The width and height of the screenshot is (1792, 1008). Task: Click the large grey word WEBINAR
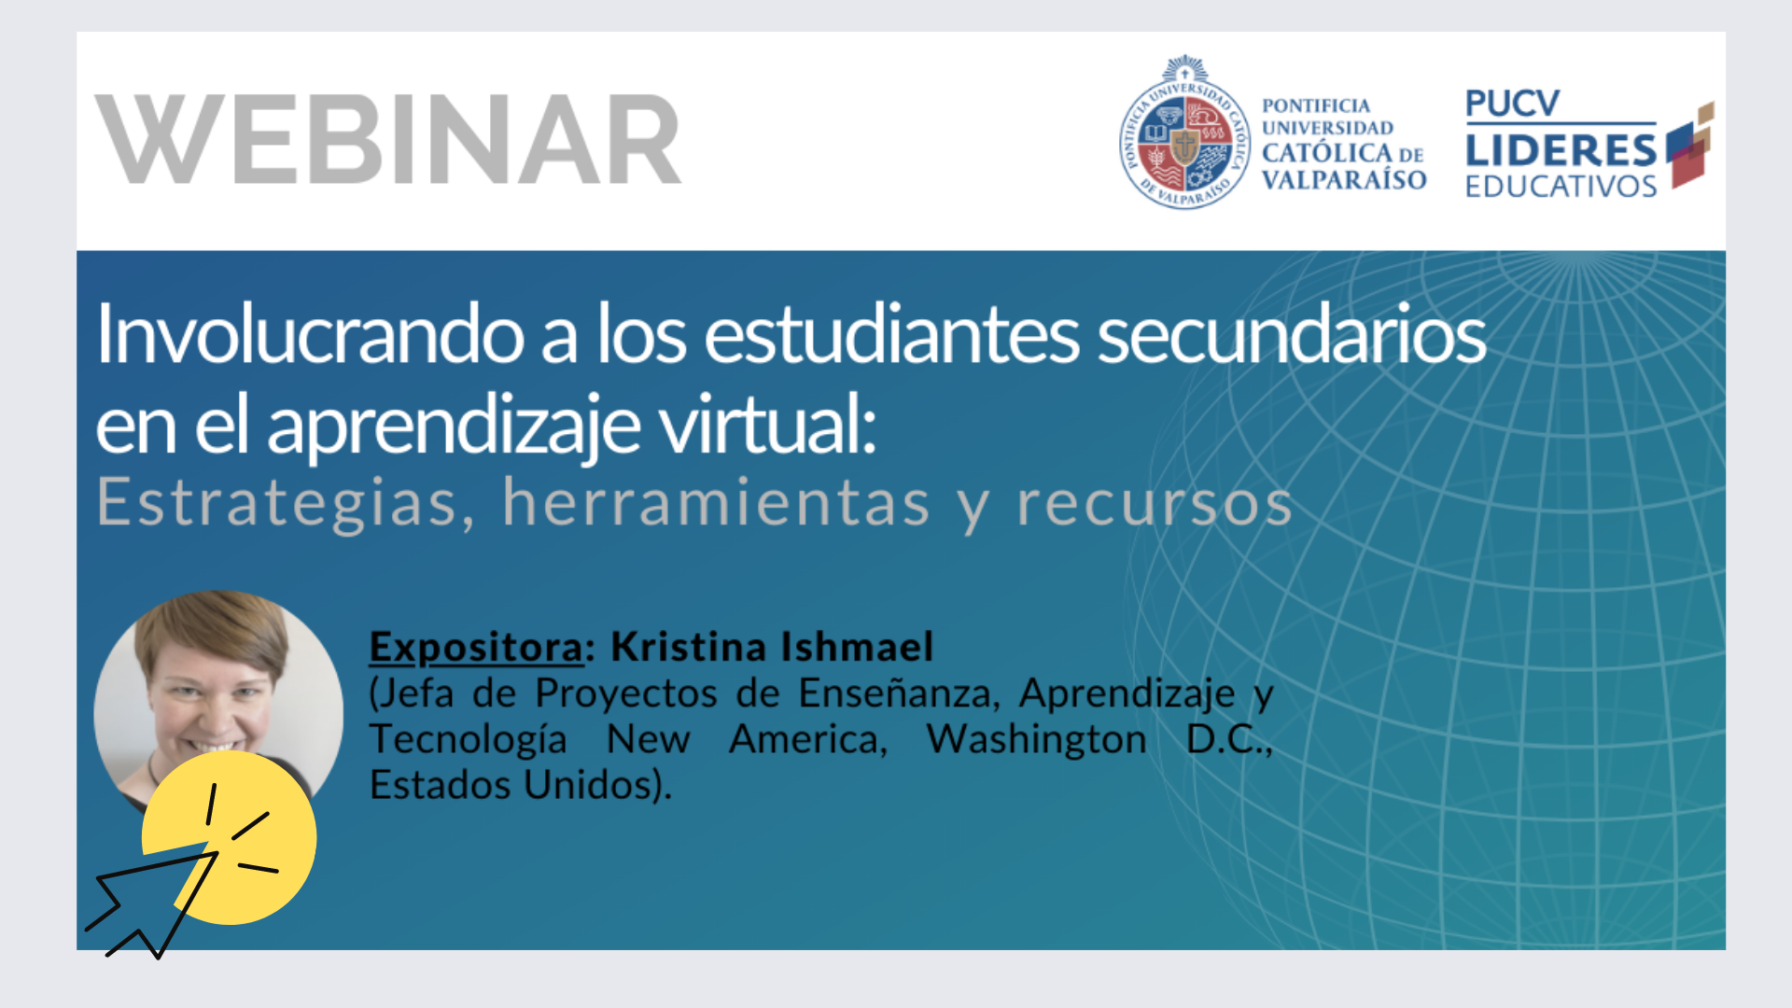click(x=388, y=139)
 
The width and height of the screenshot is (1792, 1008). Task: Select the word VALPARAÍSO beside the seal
click(x=1344, y=179)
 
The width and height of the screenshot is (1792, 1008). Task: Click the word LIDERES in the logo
click(x=1561, y=149)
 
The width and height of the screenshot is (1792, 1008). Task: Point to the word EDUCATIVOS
click(x=1561, y=186)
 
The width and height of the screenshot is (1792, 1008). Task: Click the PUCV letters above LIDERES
click(x=1512, y=104)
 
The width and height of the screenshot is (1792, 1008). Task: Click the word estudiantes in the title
click(x=891, y=334)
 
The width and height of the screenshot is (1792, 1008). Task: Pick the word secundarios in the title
click(x=1292, y=334)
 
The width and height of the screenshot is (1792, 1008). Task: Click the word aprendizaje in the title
click(x=454, y=428)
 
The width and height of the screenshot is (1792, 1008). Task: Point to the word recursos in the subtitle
click(x=1155, y=505)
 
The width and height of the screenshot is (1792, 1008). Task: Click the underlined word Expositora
click(x=477, y=647)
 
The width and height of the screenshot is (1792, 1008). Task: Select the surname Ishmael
click(x=857, y=646)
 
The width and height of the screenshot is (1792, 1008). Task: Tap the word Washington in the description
click(x=1036, y=739)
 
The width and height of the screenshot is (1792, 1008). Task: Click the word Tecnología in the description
click(x=469, y=740)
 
